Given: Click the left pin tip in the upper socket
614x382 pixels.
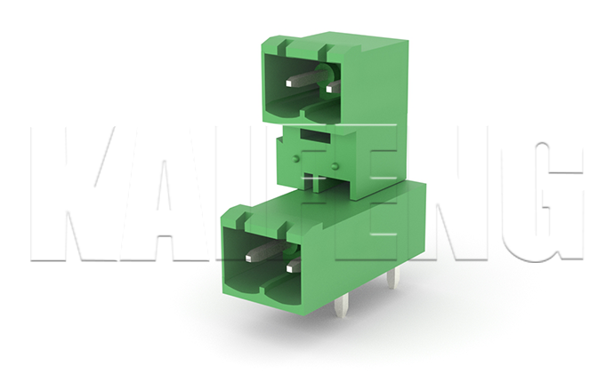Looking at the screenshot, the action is [290, 84].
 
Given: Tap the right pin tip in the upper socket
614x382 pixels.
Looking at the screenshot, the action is [329, 89].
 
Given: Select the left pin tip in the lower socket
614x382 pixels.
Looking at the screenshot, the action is [249, 258].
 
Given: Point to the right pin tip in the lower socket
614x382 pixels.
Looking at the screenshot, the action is [291, 267].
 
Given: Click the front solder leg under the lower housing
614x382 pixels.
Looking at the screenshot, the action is [341, 307].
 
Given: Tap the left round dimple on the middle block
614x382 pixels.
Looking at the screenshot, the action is [296, 158].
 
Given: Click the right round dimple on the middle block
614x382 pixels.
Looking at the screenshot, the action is [334, 167].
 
